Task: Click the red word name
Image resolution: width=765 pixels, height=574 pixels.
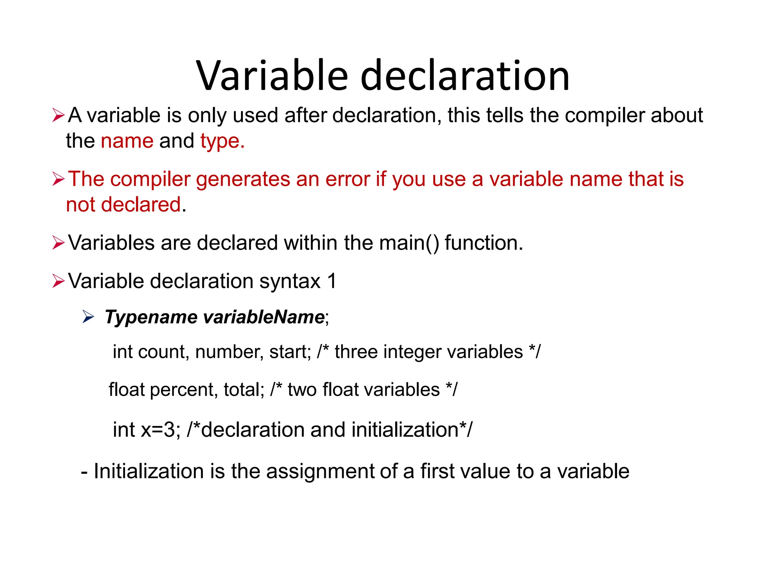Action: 127,141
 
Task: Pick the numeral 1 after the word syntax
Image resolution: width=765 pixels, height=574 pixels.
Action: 332,281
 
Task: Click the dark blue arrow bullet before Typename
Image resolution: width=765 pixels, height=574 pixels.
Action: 88,317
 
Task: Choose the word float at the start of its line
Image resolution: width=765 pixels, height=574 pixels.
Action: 126,390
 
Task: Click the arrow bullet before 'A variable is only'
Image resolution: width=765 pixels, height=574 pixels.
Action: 59,115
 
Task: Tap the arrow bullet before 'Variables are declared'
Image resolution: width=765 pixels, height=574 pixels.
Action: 59,243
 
